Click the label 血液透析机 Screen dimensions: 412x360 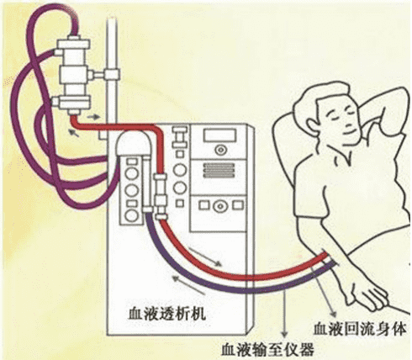pyautogui.click(x=167, y=314)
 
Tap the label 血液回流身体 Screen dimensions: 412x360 pyautogui.click(x=360, y=329)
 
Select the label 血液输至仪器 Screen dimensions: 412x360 pyautogui.click(x=268, y=349)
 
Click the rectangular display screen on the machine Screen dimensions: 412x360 pyautogui.click(x=219, y=135)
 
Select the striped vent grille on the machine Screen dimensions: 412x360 pyautogui.click(x=219, y=170)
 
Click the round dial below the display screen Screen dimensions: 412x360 pyautogui.click(x=220, y=150)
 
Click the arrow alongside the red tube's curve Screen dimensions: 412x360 pyautogui.click(x=205, y=257)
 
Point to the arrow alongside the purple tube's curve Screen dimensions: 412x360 pyautogui.click(x=188, y=284)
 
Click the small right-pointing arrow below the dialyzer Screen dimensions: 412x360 pyautogui.click(x=94, y=117)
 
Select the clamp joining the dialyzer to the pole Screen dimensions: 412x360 pyautogui.click(x=104, y=75)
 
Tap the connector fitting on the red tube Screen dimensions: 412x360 pyautogui.click(x=161, y=197)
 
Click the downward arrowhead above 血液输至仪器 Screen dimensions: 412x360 pyautogui.click(x=284, y=334)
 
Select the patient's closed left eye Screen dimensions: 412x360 pyautogui.click(x=351, y=111)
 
